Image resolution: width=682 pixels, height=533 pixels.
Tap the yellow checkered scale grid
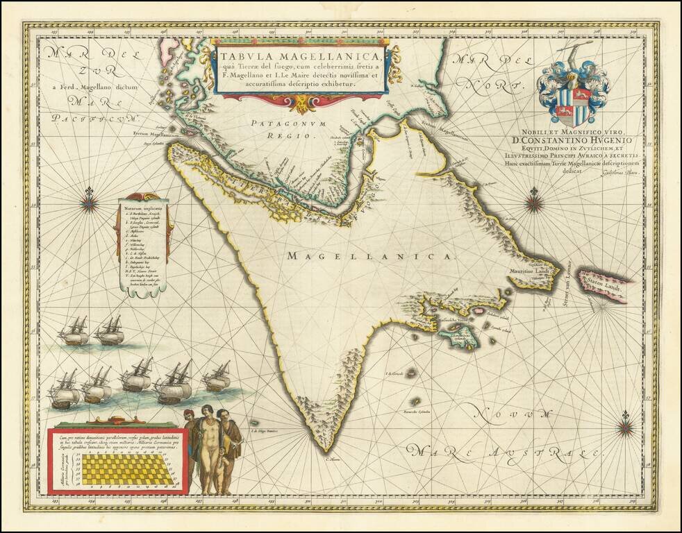[124, 469]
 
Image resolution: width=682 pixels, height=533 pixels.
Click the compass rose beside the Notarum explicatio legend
[89, 203]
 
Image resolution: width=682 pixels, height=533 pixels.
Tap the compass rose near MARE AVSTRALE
[625, 424]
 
